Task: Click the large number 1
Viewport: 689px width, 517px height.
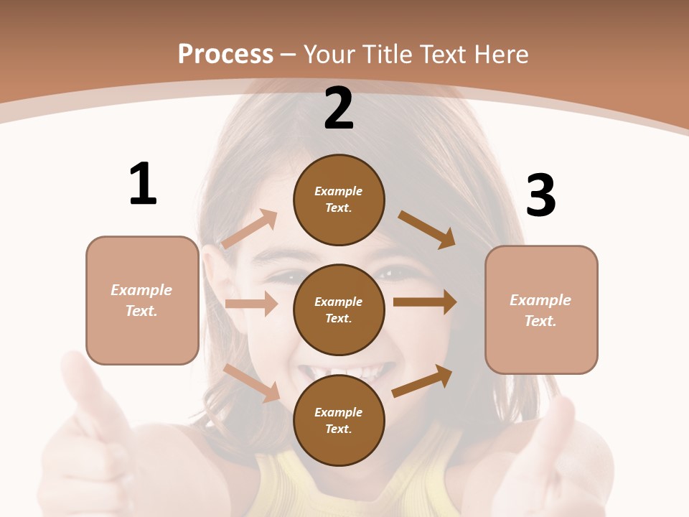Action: click(143, 185)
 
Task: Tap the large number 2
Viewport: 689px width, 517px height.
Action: click(339, 108)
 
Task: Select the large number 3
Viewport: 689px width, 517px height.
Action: click(540, 196)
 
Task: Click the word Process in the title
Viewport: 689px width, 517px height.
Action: click(225, 55)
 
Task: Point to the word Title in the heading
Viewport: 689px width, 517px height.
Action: click(385, 55)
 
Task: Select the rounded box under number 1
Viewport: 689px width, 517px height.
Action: click(142, 300)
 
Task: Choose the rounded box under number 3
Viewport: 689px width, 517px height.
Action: click(541, 309)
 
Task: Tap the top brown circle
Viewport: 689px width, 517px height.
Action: click(339, 200)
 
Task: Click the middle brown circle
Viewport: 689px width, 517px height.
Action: click(339, 309)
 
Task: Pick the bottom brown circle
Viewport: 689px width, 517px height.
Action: click(339, 420)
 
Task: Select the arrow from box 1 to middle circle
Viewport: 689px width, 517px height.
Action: click(251, 304)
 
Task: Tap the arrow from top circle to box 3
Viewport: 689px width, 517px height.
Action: click(427, 229)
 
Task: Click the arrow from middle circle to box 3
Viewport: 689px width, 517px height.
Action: click(425, 302)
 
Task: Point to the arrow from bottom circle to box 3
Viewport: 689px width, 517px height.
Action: click(423, 381)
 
